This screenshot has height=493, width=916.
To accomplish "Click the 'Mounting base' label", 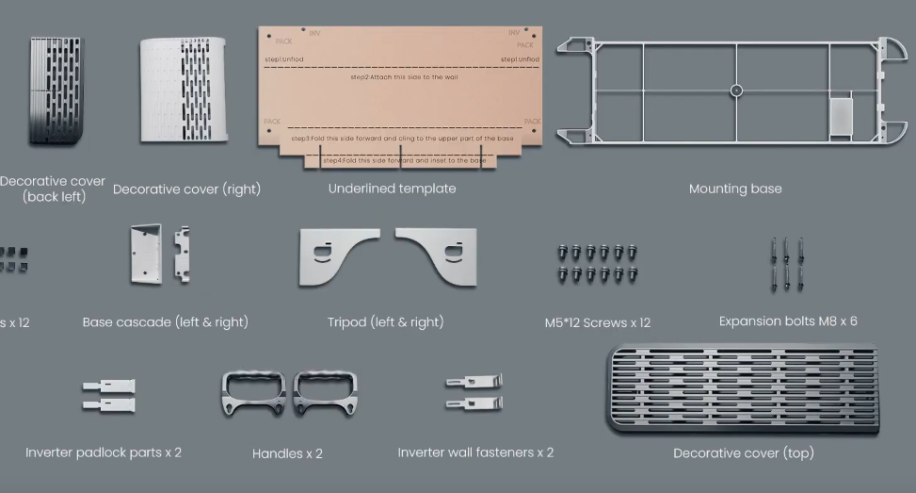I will (734, 189).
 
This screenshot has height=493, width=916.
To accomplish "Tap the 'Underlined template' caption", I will (392, 189).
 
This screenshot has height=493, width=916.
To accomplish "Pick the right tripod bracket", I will (441, 255).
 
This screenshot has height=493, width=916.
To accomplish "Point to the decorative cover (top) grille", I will (743, 389).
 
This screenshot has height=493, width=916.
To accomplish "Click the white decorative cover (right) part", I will (184, 90).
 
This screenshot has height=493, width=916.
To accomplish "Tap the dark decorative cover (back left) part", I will (56, 90).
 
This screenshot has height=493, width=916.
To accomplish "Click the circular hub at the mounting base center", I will (736, 90).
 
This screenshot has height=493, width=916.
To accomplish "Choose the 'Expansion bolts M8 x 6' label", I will (788, 321).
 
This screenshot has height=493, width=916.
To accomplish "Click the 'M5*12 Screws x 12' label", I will (597, 322).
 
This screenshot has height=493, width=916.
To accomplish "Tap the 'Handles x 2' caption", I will (287, 453).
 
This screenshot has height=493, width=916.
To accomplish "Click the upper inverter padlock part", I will (108, 386).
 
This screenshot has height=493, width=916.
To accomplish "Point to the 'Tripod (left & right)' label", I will (385, 322).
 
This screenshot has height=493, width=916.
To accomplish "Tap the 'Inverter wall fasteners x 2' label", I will (475, 452).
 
